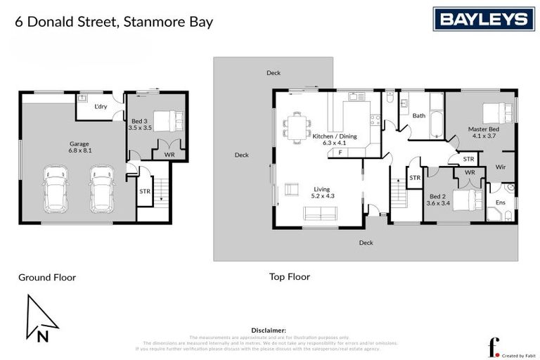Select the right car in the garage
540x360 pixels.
pos(101,189)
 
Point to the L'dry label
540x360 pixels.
pos(101,107)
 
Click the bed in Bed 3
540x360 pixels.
pos(167,121)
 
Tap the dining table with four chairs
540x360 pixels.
pos(297,127)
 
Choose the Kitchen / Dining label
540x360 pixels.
pos(335,139)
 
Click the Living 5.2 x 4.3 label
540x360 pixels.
pos(322,193)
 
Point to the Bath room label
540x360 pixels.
pos(419,116)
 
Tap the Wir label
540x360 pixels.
pos(501,167)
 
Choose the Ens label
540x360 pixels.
pos(501,202)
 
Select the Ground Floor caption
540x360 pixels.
pos(47,278)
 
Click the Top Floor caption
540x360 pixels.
pos(289,277)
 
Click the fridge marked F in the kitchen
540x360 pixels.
pos(340,152)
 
